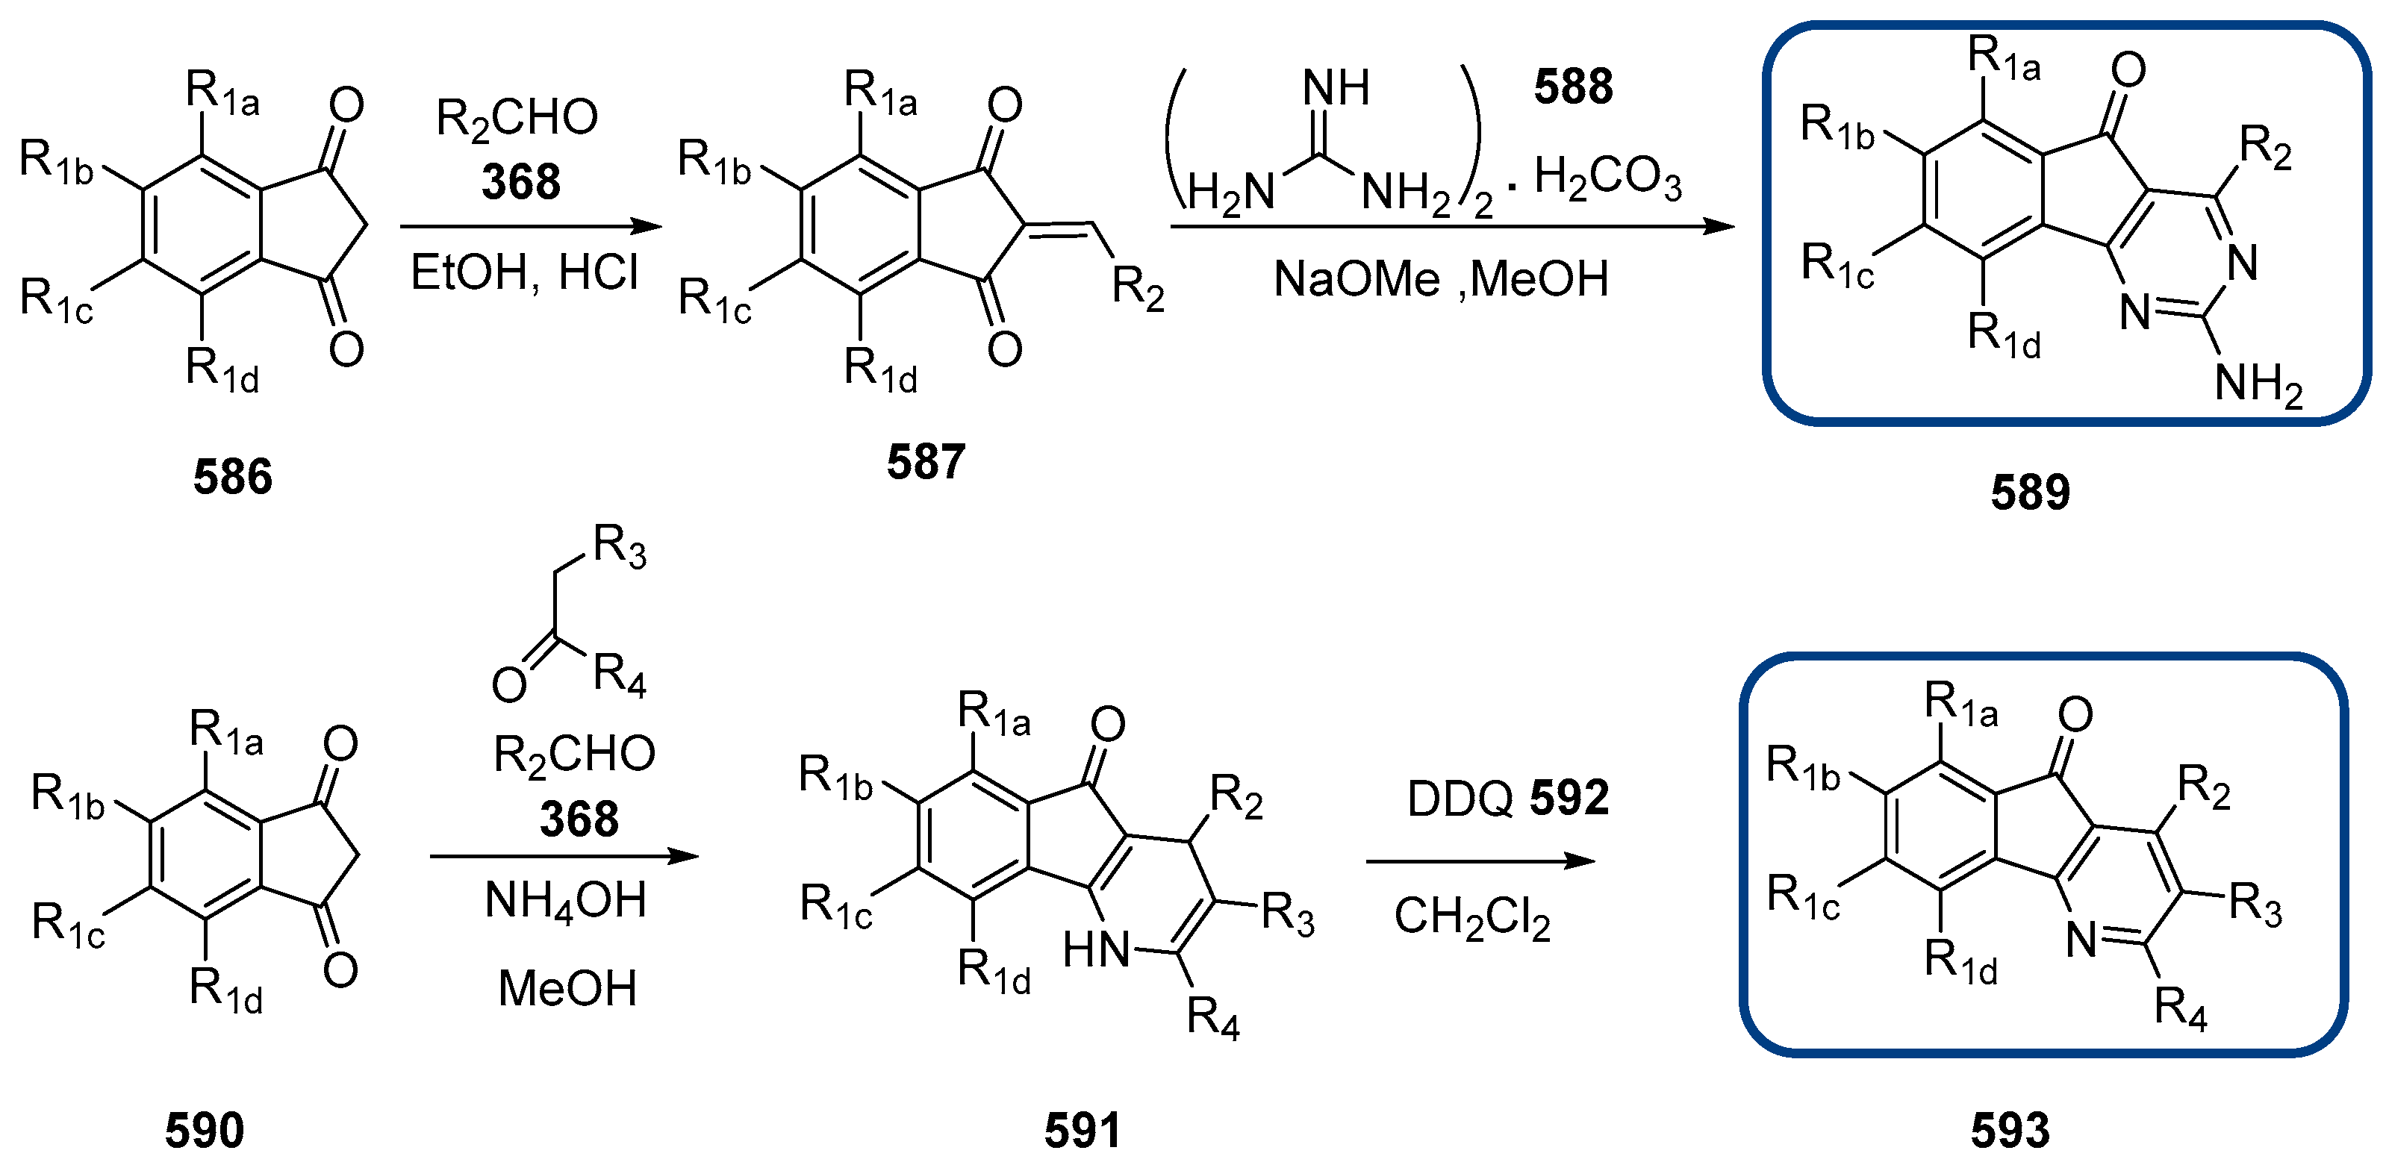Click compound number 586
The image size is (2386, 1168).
coord(232,477)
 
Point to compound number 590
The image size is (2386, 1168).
coord(205,1130)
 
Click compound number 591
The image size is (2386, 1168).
coord(1082,1130)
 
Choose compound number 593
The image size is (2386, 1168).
coord(2010,1130)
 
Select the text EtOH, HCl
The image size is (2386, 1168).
coord(524,273)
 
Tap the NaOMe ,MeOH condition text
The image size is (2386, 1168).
coord(1440,280)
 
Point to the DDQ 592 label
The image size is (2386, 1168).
coord(1507,799)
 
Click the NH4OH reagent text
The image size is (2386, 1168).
coord(565,900)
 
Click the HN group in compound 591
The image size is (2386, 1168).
coord(1097,950)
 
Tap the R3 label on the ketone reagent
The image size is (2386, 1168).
coord(620,546)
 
